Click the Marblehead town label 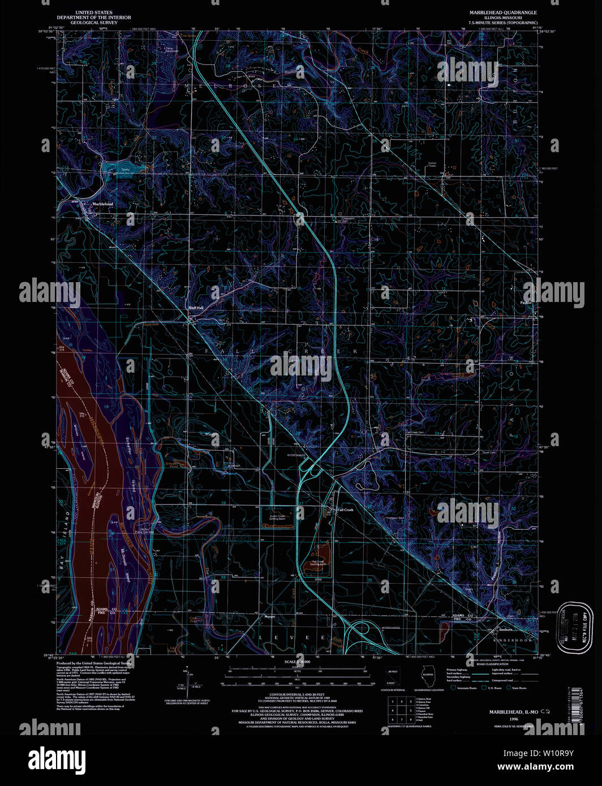pyautogui.click(x=102, y=204)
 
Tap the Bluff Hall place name pyautogui.click(x=195, y=308)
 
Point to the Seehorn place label pyautogui.click(x=505, y=629)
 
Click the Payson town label pyautogui.click(x=526, y=303)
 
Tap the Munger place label pyautogui.click(x=269, y=616)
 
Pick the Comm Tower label pyautogui.click(x=432, y=165)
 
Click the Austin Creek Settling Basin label pyautogui.click(x=277, y=517)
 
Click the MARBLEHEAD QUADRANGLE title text pyautogui.click(x=502, y=12)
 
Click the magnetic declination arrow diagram pyautogui.click(x=187, y=681)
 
